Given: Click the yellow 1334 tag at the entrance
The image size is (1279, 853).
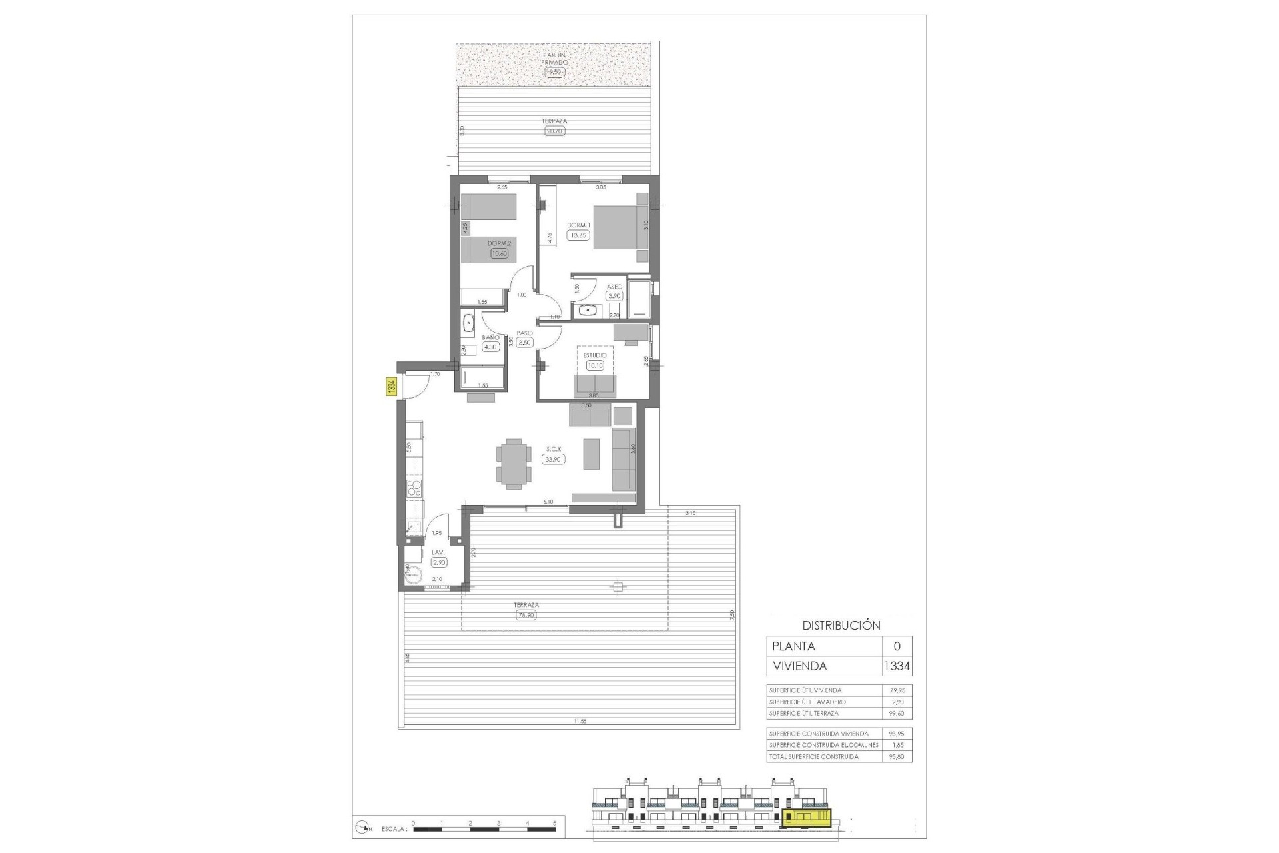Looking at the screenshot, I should (392, 387).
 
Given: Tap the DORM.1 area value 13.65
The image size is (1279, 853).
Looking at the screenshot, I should (578, 235).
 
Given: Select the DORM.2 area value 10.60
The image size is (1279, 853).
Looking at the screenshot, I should (499, 253).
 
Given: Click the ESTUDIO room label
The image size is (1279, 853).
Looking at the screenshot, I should (595, 356).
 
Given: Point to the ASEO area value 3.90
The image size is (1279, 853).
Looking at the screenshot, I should (614, 296).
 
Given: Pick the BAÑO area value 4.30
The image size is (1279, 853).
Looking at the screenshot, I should (490, 347).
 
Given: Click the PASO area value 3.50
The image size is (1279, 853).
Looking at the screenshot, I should (524, 343).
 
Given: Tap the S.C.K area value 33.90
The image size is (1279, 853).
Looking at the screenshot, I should (554, 459).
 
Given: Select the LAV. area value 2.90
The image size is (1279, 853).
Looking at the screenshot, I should (438, 562).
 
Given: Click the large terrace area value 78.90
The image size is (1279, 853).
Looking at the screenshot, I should (526, 615).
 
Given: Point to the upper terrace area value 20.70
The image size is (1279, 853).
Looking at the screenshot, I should (554, 131).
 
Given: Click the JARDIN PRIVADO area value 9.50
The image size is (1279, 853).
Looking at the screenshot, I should (555, 72).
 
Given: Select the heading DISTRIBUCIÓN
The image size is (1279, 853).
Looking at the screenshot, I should (841, 626).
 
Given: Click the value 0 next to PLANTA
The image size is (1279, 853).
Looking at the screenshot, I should (897, 646).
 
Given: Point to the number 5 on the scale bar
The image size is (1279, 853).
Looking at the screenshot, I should (554, 823).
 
